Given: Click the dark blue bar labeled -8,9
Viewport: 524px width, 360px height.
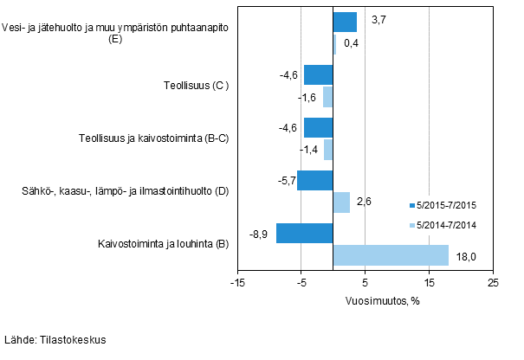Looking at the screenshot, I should pyautogui.click(x=304, y=233).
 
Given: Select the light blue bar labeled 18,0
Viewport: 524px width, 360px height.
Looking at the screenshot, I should pyautogui.click(x=391, y=254).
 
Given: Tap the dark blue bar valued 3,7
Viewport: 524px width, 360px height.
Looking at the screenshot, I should pyautogui.click(x=345, y=22).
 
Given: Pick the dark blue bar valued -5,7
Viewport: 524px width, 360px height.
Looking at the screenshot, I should pyautogui.click(x=314, y=180).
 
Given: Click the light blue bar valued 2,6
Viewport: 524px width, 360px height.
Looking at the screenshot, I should pyautogui.click(x=341, y=202).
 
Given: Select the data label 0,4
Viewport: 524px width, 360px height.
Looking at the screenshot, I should pyautogui.click(x=352, y=43).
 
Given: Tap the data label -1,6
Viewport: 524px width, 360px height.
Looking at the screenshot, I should pyautogui.click(x=307, y=97).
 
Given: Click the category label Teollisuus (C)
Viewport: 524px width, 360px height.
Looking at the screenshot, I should pyautogui.click(x=196, y=86).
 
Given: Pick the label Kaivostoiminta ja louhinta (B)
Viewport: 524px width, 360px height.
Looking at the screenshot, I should pyautogui.click(x=163, y=244).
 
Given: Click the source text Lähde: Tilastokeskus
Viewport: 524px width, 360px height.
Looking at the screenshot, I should pyautogui.click(x=55, y=340).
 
